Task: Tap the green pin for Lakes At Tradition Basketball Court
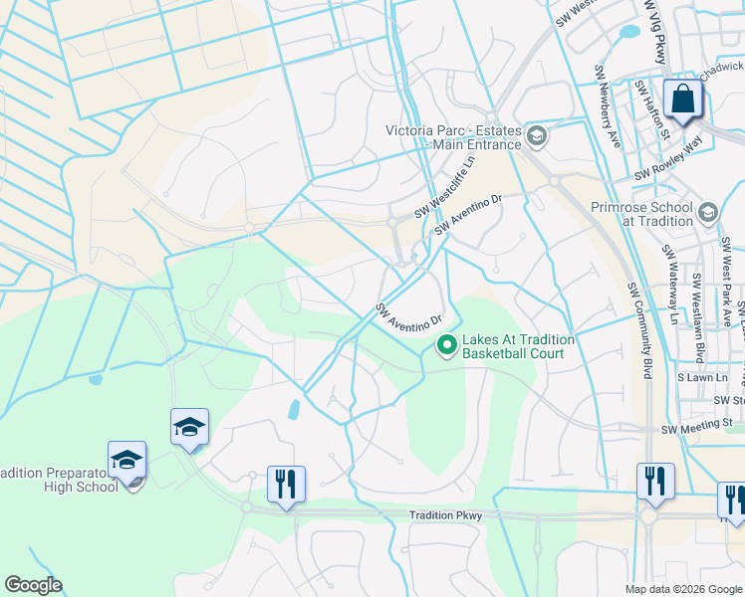[x=447, y=346]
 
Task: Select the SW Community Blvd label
[x=637, y=329]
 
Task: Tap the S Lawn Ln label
[x=703, y=378]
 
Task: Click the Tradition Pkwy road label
[x=445, y=515]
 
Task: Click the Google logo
[x=33, y=585]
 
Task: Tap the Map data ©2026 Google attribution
[x=682, y=589]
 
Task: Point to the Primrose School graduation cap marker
[x=708, y=212]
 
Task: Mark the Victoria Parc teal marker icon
[x=537, y=135]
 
